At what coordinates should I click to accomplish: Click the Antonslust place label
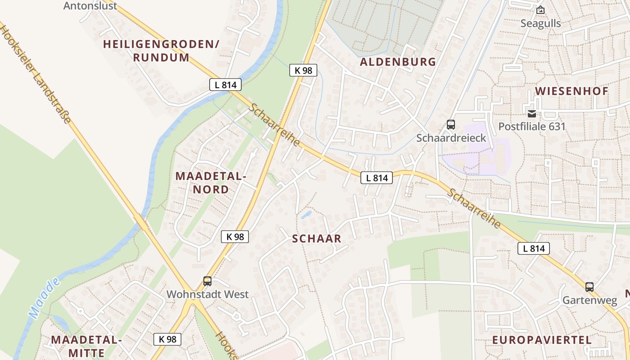coord(90,6)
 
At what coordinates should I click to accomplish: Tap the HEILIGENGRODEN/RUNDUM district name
coord(161,51)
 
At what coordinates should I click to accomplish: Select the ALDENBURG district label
coord(398,62)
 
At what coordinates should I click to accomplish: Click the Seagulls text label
coord(540,23)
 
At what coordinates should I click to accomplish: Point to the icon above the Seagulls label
coord(540,9)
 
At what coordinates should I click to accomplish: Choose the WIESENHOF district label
coord(571,91)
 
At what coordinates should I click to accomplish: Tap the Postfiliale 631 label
coord(531,126)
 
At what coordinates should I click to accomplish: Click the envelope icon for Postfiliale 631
coord(532,113)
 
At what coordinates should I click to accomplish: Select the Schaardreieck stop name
coord(451,138)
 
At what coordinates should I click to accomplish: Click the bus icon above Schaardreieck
coord(450,125)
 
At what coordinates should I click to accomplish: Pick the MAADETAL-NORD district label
coord(211,182)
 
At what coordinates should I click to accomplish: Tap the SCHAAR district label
coord(317,239)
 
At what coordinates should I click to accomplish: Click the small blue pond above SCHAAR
coord(306,215)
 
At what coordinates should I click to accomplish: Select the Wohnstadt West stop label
coord(207,294)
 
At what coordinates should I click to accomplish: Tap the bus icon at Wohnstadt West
coord(207,281)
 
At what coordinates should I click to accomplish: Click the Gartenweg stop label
coord(589,300)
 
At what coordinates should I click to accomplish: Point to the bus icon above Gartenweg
coord(589,287)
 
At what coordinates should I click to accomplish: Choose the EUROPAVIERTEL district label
coord(542,340)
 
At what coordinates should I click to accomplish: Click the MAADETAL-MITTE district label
coord(86,346)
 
